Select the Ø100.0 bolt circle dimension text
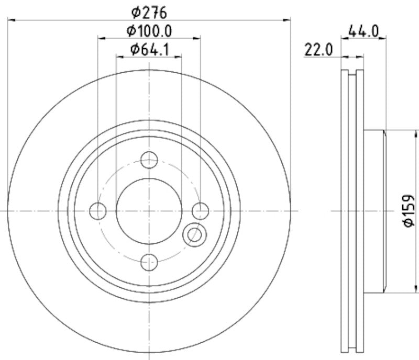(x=149, y=31)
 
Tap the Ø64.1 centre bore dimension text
(x=149, y=50)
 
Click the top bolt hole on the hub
(x=150, y=160)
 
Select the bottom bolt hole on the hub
(x=150, y=262)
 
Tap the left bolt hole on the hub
(x=98, y=211)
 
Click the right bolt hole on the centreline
(x=201, y=211)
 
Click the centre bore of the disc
(x=150, y=211)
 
